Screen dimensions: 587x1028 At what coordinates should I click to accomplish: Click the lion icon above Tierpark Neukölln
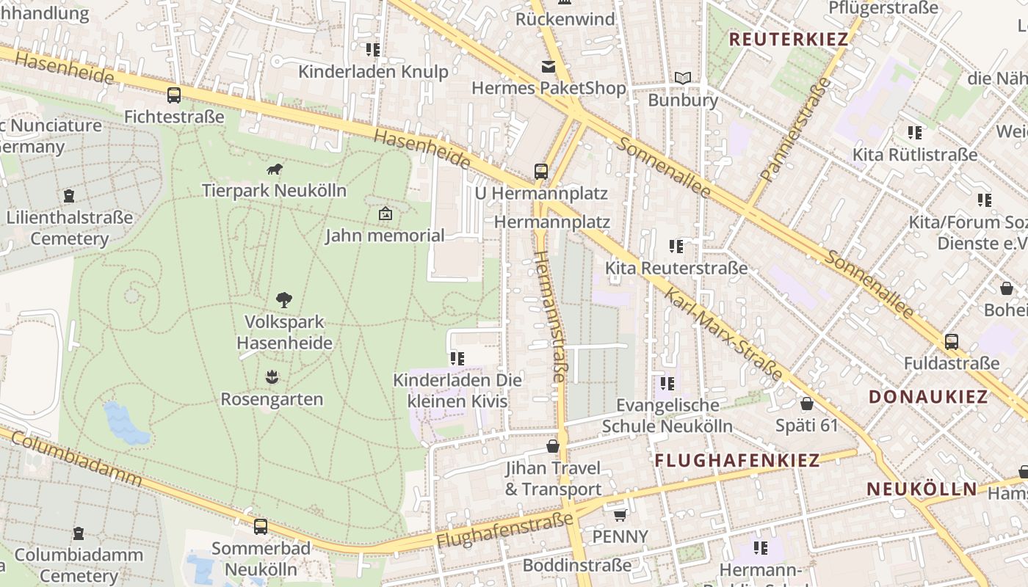coord(275,169)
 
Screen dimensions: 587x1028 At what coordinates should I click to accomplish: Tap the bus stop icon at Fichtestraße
coord(174,95)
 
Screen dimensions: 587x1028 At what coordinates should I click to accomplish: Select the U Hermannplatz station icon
coord(541,172)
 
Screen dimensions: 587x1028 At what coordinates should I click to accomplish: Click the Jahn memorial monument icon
coord(385,214)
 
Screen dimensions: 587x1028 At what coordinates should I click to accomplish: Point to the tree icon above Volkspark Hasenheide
coord(284,299)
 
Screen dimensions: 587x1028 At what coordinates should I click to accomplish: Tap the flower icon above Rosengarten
coord(272,377)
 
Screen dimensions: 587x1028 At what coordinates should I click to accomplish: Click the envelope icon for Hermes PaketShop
coord(549,67)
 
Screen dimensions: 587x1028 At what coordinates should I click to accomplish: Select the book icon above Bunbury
coord(683,78)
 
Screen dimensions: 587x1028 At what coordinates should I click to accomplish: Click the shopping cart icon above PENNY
coord(620,515)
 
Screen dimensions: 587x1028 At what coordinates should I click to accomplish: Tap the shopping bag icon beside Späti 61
coord(807,404)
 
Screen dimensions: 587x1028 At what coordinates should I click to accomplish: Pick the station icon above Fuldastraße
coord(952,341)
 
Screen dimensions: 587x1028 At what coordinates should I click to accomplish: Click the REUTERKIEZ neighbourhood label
coord(789,40)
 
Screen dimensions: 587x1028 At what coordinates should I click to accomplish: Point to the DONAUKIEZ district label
coord(928,397)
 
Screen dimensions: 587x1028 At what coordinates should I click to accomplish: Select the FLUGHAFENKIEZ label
coord(736,460)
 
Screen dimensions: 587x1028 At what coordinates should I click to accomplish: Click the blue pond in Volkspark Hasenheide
coord(126,425)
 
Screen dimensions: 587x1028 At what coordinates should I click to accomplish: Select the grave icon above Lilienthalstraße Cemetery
coord(69,196)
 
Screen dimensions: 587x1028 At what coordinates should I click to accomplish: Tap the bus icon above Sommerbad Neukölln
coord(261,526)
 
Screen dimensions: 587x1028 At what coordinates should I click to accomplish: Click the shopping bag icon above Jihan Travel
coord(553,446)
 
